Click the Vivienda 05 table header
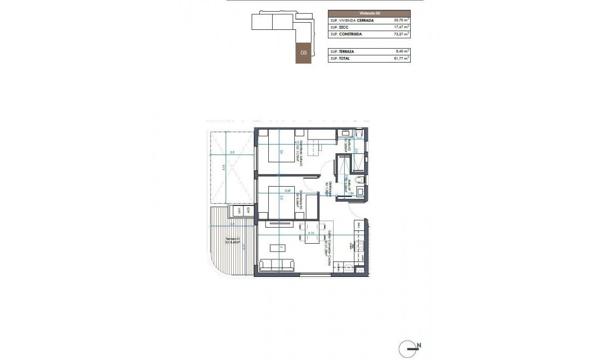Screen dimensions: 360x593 point(369,13)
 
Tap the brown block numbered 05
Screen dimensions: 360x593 point(303,53)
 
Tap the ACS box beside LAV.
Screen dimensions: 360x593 point(248,210)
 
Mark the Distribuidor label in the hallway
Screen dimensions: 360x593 point(330,189)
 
